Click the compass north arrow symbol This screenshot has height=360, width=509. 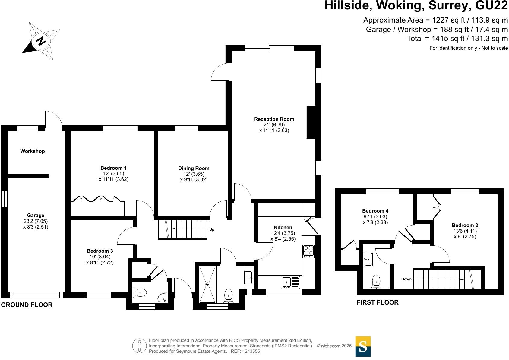click(x=41, y=41)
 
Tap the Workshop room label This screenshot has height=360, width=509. click(x=33, y=151)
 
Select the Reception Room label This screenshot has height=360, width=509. click(x=274, y=119)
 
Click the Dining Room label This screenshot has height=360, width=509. click(x=194, y=169)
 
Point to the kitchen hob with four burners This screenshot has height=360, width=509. click(x=308, y=251)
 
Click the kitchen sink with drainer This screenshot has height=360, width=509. click(x=291, y=282)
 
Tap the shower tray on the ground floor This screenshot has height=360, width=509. click(x=207, y=285)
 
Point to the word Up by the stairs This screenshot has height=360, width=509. click(x=212, y=229)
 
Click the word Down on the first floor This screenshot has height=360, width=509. click(x=406, y=279)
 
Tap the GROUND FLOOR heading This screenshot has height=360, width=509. click(x=27, y=305)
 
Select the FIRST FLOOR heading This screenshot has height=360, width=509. click(x=378, y=302)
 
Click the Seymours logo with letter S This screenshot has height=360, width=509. click(x=363, y=347)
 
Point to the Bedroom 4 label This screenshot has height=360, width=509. click(x=375, y=211)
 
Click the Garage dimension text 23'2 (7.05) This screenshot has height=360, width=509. click(x=36, y=221)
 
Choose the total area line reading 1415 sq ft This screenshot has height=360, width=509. click(x=457, y=39)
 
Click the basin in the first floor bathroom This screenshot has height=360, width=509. click(x=368, y=259)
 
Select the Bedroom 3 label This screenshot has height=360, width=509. click(x=100, y=251)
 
